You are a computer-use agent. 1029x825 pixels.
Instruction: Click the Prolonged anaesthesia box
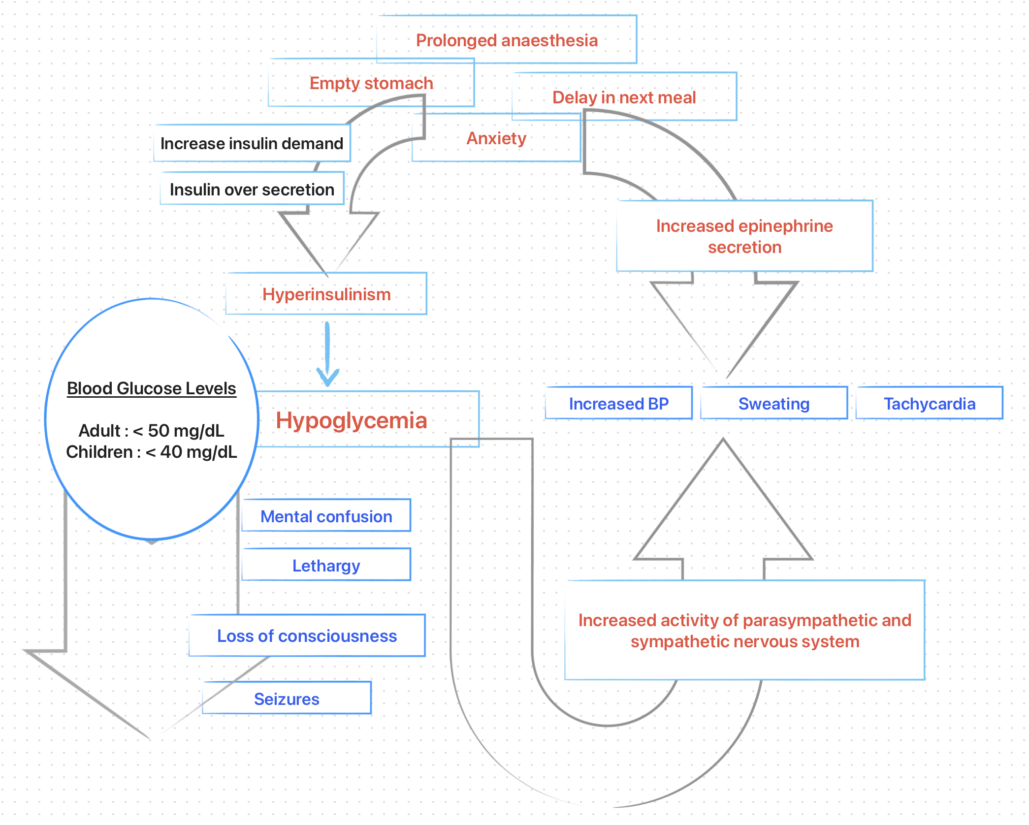[x=507, y=40]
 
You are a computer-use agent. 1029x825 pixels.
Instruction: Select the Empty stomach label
[x=371, y=83]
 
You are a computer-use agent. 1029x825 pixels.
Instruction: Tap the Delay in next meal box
[x=624, y=97]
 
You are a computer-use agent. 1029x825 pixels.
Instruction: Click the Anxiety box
[x=496, y=138]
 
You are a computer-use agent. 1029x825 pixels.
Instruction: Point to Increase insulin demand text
[x=252, y=143]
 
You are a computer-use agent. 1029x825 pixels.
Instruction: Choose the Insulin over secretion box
[x=252, y=189]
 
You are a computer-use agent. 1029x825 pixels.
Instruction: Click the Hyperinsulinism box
[x=326, y=294]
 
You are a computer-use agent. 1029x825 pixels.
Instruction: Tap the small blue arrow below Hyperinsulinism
[x=327, y=354]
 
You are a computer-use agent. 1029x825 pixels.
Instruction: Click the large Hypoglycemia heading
[x=351, y=420]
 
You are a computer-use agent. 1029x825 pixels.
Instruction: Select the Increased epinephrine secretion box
[x=744, y=236]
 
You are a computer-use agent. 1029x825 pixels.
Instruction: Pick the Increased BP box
[x=619, y=404]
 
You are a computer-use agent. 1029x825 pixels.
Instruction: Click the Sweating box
[x=774, y=404]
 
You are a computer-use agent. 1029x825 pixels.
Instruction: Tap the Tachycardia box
[x=929, y=404]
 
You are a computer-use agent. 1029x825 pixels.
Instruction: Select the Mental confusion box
[x=326, y=516]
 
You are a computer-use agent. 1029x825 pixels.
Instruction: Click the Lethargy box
[x=326, y=565]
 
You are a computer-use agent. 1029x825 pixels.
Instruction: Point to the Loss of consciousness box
[x=307, y=636]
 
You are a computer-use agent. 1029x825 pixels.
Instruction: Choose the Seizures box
[x=287, y=698]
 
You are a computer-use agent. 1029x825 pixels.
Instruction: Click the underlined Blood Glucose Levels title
[x=152, y=388]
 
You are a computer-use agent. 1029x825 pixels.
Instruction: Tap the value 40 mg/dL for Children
[x=198, y=452]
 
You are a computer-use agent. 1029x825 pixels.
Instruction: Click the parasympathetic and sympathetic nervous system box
[x=744, y=631]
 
